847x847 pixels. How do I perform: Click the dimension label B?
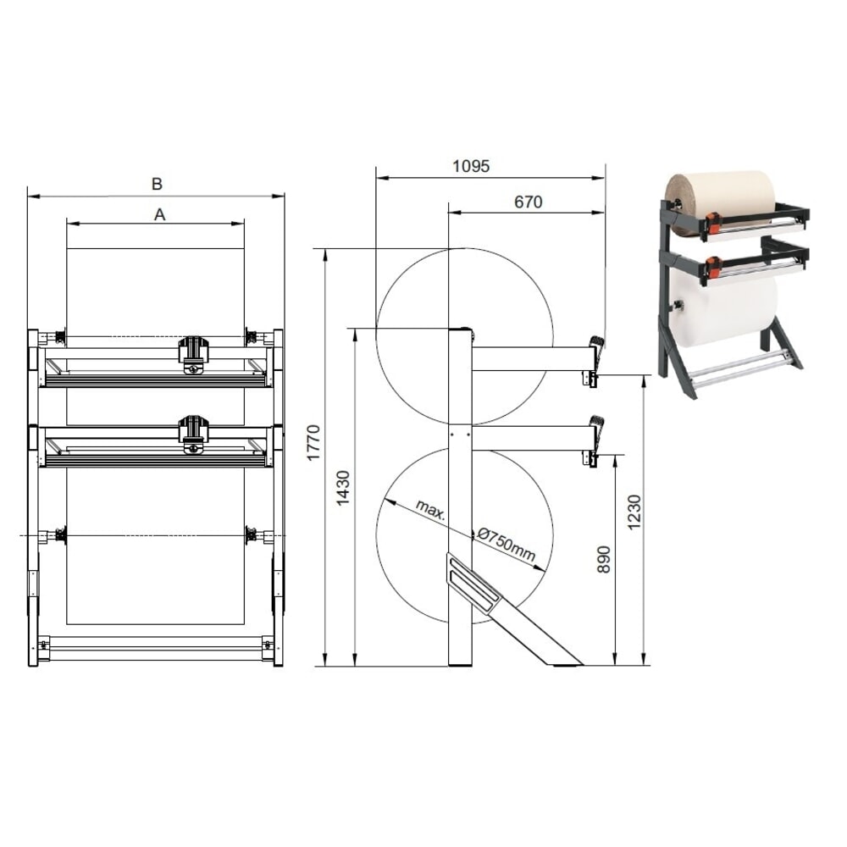pyautogui.click(x=157, y=184)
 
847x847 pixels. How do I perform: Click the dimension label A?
pyautogui.click(x=159, y=215)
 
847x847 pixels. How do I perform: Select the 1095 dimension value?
pyautogui.click(x=471, y=167)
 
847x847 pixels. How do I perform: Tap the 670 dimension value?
pyautogui.click(x=528, y=202)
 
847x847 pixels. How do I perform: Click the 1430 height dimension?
pyautogui.click(x=343, y=488)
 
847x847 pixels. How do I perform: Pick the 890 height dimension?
pyautogui.click(x=604, y=559)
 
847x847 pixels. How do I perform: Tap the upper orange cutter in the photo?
pyautogui.click(x=713, y=223)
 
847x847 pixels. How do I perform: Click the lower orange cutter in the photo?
pyautogui.click(x=713, y=267)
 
